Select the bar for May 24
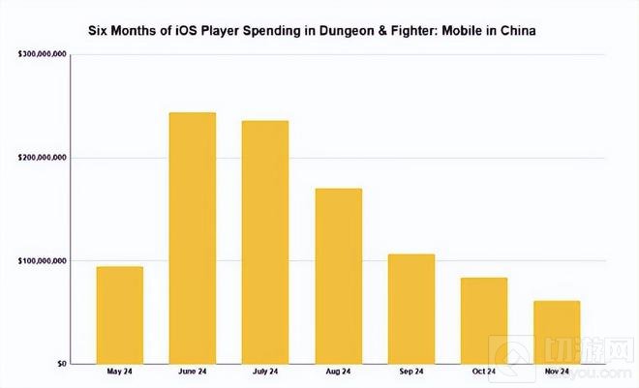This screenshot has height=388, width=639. coord(119,314)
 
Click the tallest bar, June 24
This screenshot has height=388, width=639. coord(192,238)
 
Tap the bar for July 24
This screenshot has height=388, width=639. coord(264,242)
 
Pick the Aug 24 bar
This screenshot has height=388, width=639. coord(338,276)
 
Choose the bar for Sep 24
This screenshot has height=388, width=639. coord(411,309)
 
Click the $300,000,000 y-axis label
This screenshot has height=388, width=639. coord(43,55)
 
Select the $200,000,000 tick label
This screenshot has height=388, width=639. coord(43,158)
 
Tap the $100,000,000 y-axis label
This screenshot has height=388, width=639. coord(43,261)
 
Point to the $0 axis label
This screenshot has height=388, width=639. coord(59,364)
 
